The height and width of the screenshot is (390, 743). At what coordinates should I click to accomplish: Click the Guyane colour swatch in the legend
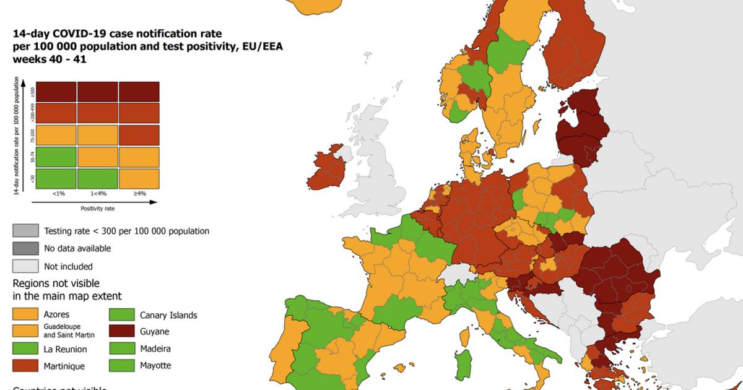[x=123, y=332]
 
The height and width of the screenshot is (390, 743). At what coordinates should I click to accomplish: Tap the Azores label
[x=56, y=314]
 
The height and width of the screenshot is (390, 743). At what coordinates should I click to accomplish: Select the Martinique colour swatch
[x=25, y=366]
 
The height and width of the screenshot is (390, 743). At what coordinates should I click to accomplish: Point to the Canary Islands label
[x=168, y=315]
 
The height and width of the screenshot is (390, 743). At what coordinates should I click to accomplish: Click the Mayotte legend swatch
[x=123, y=365]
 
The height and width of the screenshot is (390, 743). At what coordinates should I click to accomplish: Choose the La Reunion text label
[x=65, y=349]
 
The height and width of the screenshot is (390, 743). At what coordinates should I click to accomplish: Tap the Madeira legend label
[x=155, y=349]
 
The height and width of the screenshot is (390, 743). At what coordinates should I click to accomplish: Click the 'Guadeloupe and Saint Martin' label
[x=71, y=331]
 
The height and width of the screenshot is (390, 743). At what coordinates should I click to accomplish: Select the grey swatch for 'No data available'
[x=25, y=248]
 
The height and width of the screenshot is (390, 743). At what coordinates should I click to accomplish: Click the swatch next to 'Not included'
[x=25, y=266]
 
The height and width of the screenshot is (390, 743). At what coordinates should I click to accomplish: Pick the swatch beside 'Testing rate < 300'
[x=25, y=231]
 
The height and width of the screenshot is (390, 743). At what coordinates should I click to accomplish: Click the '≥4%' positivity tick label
[x=139, y=194]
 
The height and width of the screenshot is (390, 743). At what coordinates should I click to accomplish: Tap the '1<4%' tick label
[x=97, y=194]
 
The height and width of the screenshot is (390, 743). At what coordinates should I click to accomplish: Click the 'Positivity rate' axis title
[x=97, y=209]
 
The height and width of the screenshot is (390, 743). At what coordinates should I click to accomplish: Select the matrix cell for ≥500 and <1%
[x=56, y=92]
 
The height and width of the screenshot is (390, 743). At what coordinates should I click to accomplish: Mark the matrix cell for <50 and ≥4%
[x=139, y=178]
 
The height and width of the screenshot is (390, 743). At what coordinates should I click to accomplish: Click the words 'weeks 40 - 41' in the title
[x=50, y=59]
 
